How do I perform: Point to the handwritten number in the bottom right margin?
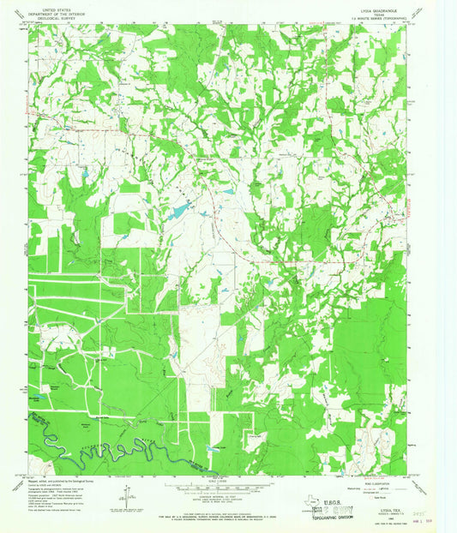tap(418, 506)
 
